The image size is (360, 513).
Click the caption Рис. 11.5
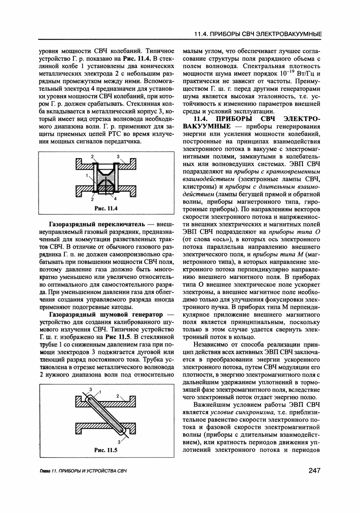pos(106,449)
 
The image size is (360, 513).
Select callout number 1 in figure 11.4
pos(86,175)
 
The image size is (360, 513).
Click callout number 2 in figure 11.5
pos(118,396)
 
